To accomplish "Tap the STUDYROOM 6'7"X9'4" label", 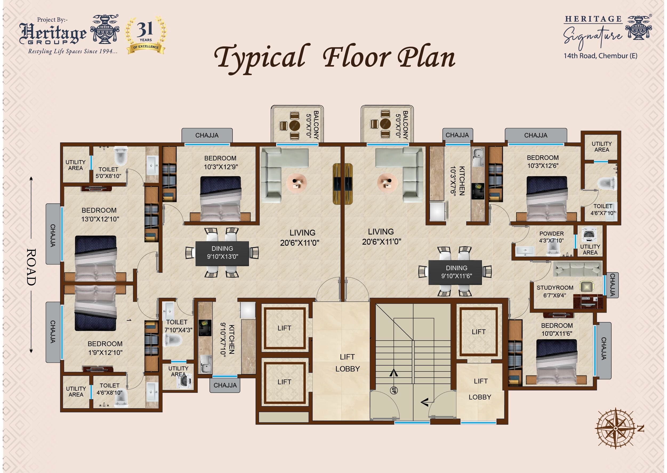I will point(555,291).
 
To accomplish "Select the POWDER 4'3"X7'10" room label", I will point(551,237).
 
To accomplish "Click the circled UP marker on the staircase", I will point(394,390).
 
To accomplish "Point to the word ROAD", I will point(31,267).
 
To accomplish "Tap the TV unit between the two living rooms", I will point(343,184).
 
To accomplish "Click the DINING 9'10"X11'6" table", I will point(456,272).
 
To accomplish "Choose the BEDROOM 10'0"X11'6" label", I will point(557,329).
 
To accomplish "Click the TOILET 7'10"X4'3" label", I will point(178,326).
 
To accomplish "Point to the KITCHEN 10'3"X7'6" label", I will point(457,181).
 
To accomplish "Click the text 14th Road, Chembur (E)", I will point(600,56).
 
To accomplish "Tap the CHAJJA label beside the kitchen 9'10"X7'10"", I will point(225,385).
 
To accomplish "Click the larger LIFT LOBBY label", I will point(347,363).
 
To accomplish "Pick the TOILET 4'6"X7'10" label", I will point(603,210).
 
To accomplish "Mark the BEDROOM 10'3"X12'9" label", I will point(220,163).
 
